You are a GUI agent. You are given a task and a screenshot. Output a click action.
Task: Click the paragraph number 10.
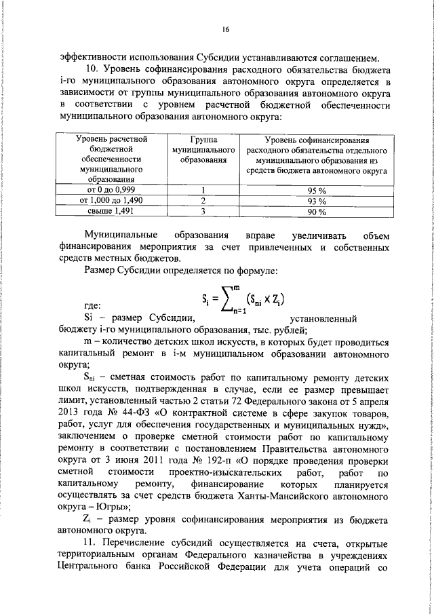[x=90, y=70]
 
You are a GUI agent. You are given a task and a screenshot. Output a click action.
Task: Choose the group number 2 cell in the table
[x=203, y=201]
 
